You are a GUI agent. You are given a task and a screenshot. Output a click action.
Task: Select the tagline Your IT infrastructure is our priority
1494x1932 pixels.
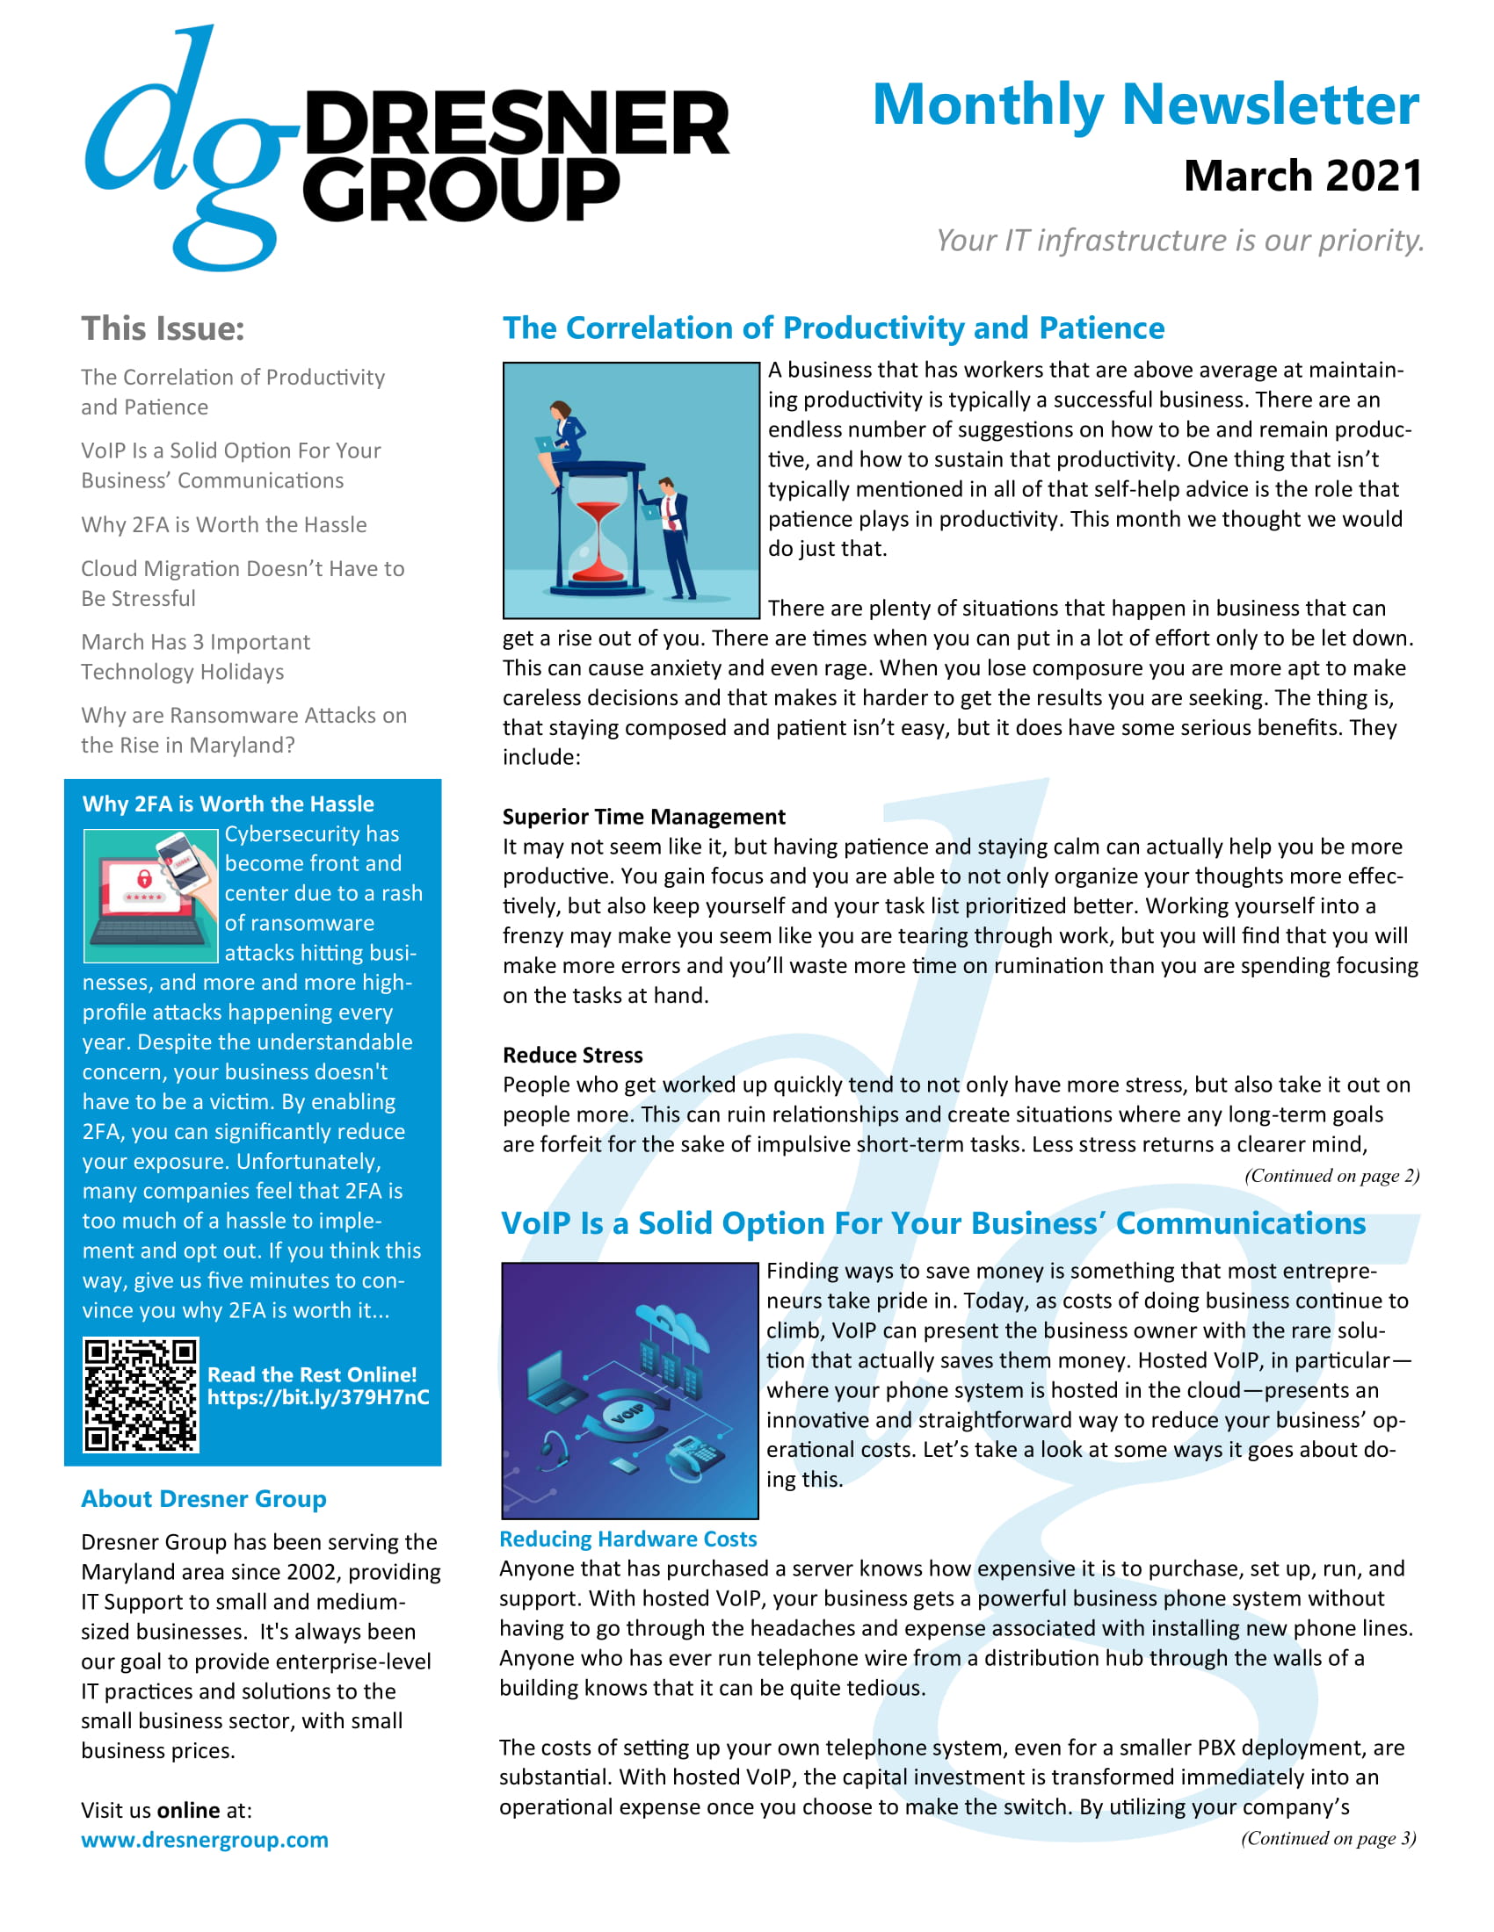pyautogui.click(x=1179, y=241)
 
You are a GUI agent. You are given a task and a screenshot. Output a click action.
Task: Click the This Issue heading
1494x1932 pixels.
pyautogui.click(x=163, y=329)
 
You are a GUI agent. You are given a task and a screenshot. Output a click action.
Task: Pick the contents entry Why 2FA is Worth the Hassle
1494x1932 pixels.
pyautogui.click(x=224, y=524)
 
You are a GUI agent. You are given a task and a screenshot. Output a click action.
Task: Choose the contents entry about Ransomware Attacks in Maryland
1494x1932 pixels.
pyautogui.click(x=243, y=730)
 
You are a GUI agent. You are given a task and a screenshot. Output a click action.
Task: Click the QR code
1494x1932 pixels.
pyautogui.click(x=141, y=1395)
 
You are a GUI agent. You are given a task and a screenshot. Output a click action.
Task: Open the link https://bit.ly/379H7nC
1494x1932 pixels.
pyautogui.click(x=318, y=1398)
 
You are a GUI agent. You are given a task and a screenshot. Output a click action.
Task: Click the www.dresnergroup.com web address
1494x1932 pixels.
pyautogui.click(x=205, y=1840)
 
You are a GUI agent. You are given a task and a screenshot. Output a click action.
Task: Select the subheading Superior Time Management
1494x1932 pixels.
pyautogui.click(x=643, y=817)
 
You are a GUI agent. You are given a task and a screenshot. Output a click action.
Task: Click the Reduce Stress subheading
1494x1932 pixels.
pyautogui.click(x=573, y=1056)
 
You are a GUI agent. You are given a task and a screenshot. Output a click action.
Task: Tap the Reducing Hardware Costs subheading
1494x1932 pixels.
pyautogui.click(x=627, y=1539)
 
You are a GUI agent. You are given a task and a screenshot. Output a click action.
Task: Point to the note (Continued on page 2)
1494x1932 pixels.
pyautogui.click(x=1331, y=1176)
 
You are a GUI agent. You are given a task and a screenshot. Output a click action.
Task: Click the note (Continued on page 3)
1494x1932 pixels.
pyautogui.click(x=1328, y=1838)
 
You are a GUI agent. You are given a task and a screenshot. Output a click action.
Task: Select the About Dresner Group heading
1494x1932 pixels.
pyautogui.click(x=204, y=1498)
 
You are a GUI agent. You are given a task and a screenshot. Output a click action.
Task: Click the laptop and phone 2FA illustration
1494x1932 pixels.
pyautogui.click(x=150, y=895)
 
